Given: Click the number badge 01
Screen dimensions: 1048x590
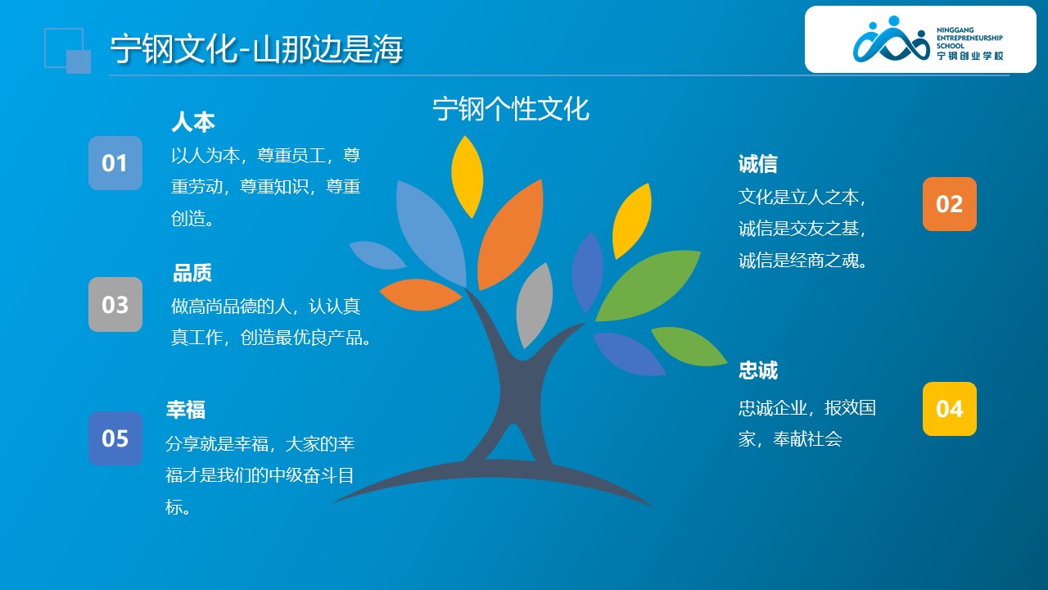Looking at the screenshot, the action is (x=115, y=163).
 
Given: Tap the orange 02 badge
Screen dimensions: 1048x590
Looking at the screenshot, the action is (x=949, y=204).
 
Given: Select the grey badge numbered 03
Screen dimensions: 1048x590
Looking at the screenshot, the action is (x=115, y=304).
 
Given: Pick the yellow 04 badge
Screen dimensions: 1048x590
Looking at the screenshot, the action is (x=949, y=409).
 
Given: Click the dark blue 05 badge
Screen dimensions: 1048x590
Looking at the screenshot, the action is (x=115, y=438).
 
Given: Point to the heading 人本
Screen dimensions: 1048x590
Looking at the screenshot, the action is (x=193, y=122).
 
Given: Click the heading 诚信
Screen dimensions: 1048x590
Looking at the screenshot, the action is (x=758, y=164).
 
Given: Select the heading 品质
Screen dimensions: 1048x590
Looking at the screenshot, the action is (x=192, y=273).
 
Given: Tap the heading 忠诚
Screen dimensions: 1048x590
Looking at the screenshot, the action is (x=758, y=370).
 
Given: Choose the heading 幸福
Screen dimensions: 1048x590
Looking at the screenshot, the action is (x=186, y=409).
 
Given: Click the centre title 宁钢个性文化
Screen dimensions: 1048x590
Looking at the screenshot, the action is (x=511, y=109).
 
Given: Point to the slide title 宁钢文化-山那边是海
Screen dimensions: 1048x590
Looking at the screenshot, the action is (x=256, y=48).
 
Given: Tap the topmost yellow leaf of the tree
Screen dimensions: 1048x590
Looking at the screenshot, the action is (x=467, y=177).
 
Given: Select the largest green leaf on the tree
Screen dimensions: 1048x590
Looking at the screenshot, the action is (x=648, y=286).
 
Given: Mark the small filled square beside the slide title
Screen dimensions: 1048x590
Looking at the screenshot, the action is (x=79, y=61).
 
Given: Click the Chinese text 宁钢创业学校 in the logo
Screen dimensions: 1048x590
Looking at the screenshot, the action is (x=970, y=56).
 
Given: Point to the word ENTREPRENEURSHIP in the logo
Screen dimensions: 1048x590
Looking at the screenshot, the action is (x=969, y=38).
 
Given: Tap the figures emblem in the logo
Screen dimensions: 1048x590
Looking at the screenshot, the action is (x=892, y=40).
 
